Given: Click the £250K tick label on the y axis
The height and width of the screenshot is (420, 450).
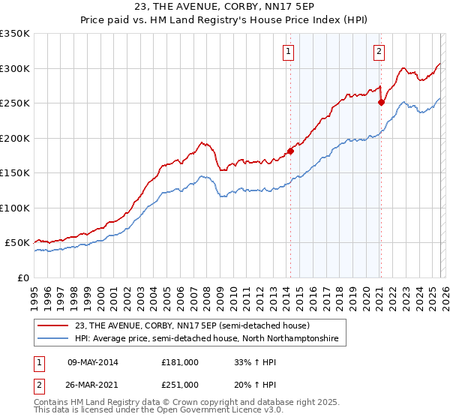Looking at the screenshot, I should pos(15,103).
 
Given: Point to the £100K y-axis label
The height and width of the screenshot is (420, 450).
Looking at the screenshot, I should pos(15,208).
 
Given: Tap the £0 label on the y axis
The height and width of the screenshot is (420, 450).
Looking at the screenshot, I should pos(22,277).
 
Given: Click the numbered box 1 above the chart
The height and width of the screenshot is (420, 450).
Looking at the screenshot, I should pos(289,52).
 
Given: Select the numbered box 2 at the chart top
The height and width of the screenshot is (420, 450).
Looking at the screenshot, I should pos(379,52).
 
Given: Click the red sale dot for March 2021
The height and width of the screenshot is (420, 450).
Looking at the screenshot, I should pos(381,103).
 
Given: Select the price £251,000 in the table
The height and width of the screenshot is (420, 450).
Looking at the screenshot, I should pos(180,384).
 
